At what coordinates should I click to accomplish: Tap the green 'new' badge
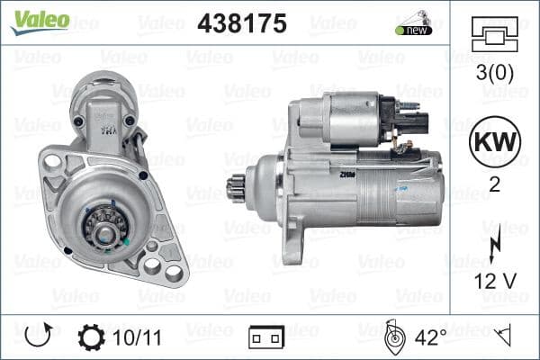pyautogui.click(x=413, y=30)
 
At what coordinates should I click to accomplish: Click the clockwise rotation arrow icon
pyautogui.click(x=38, y=337)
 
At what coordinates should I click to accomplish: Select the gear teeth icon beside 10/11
pyautogui.click(x=92, y=337)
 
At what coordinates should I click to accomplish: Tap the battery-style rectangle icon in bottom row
pyautogui.click(x=266, y=337)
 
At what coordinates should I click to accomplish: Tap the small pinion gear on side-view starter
pyautogui.click(x=237, y=190)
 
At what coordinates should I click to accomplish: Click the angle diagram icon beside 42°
pyautogui.click(x=394, y=337)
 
